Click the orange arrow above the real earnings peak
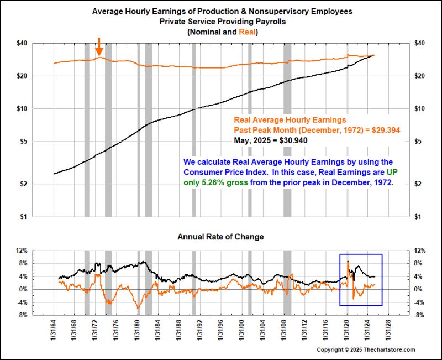99,46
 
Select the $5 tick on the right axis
418,142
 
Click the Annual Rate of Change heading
220,237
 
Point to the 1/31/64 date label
54,332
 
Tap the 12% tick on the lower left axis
22,250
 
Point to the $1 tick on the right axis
417,216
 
